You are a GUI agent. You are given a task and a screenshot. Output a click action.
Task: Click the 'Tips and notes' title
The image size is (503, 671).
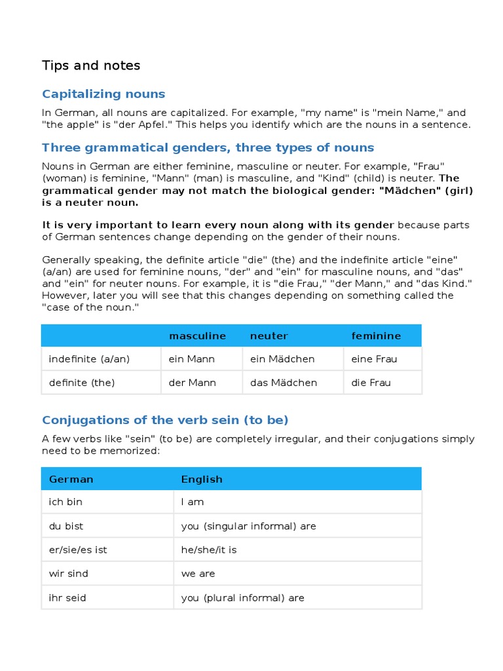[91, 66]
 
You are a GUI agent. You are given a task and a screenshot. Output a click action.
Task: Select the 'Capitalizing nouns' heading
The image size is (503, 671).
[103, 94]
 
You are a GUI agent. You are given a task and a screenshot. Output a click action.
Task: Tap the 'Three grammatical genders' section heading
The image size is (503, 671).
[208, 147]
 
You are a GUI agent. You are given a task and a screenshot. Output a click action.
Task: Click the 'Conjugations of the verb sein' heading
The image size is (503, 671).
[165, 419]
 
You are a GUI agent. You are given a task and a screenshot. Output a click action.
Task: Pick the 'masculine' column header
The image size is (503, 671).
[197, 335]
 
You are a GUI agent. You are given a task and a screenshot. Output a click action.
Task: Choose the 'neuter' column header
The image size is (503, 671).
[269, 335]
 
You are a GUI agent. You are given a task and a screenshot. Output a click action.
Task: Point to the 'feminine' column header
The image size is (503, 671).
[376, 335]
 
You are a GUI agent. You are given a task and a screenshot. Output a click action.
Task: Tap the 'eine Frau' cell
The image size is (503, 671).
[374, 359]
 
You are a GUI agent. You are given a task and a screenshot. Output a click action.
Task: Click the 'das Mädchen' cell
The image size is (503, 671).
[284, 383]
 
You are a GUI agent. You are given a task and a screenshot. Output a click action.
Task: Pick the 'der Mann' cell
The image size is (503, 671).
[192, 383]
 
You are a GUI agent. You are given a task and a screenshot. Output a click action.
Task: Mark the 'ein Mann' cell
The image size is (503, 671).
[192, 359]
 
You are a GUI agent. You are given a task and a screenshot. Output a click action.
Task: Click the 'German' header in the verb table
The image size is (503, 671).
[71, 479]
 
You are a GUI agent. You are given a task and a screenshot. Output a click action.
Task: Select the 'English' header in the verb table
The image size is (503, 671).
[202, 479]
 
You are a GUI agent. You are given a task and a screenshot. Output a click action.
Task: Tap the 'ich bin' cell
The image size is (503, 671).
[65, 502]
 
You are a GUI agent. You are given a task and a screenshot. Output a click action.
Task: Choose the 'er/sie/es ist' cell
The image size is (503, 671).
[78, 550]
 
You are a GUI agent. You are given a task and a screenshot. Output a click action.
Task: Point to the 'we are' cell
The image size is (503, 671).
[198, 573]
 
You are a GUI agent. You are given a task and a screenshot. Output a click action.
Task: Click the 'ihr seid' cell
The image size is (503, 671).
[67, 598]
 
